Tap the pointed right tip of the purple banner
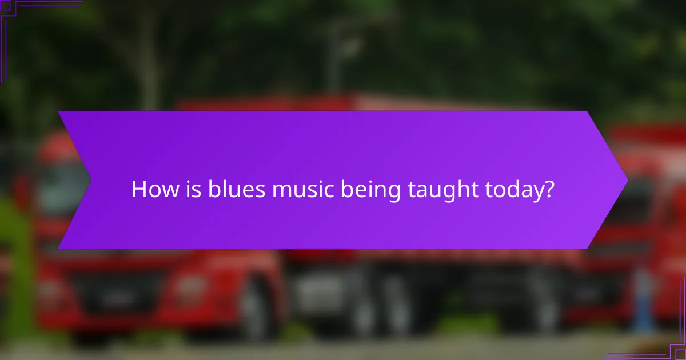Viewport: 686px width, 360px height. (x=627, y=180)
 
